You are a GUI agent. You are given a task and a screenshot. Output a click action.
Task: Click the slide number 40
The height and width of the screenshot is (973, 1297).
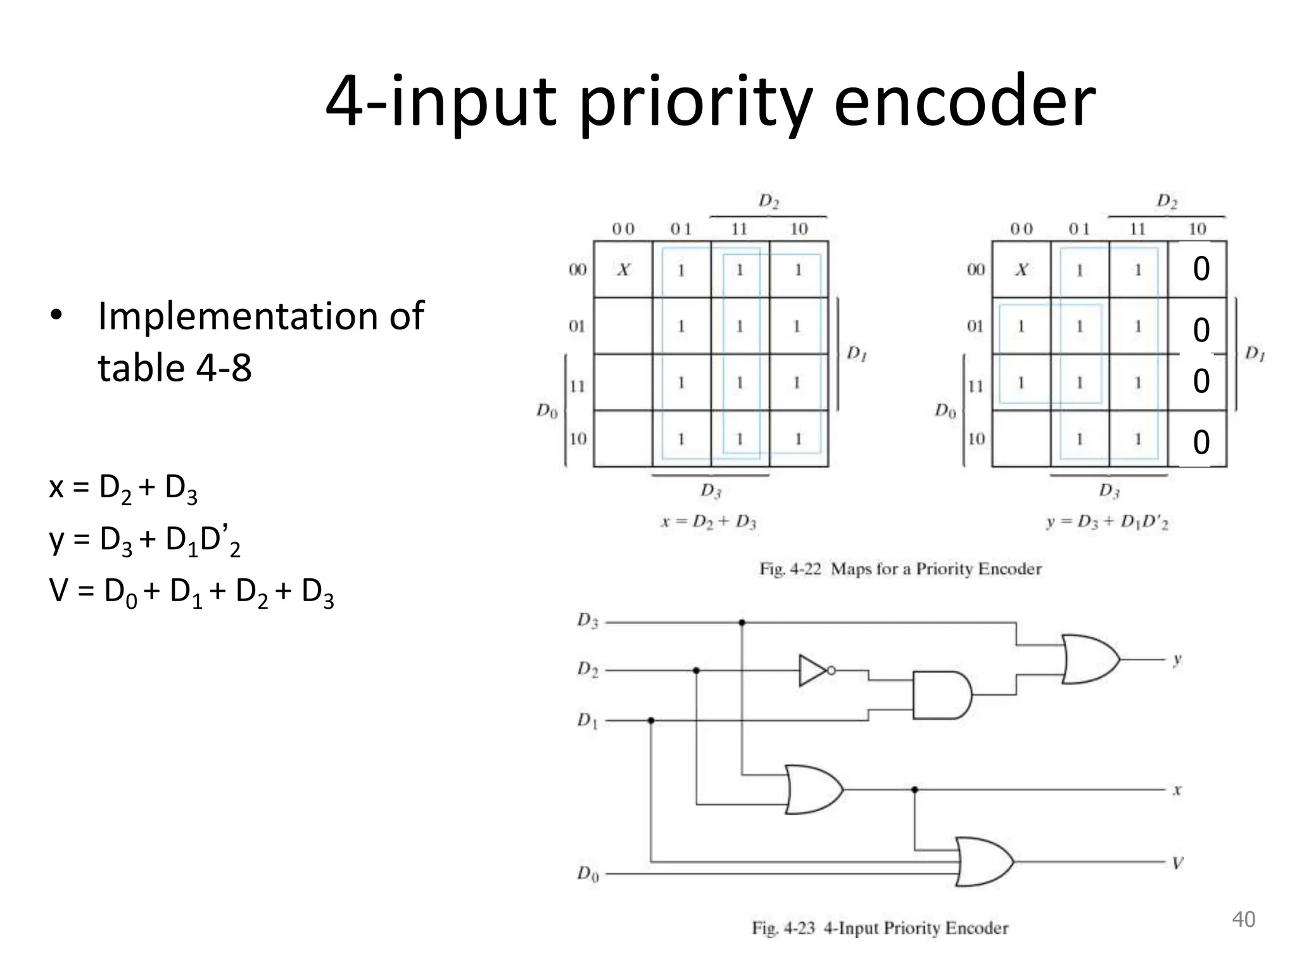(x=1243, y=919)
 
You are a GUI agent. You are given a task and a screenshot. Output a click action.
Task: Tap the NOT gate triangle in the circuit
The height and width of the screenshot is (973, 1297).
(x=811, y=670)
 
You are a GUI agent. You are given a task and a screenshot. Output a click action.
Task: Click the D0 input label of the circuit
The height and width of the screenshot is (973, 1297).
(x=588, y=874)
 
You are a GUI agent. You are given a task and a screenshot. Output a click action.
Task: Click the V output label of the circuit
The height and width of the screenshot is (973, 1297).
(x=1177, y=863)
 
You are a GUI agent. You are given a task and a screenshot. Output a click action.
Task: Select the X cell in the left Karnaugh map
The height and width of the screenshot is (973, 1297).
(x=623, y=270)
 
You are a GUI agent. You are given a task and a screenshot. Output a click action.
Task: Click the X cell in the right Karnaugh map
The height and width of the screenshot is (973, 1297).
(x=1022, y=270)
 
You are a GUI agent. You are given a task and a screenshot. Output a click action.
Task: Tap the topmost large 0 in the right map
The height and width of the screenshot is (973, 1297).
(x=1201, y=269)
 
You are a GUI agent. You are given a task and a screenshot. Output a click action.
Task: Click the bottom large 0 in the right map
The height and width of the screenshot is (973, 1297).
(x=1201, y=442)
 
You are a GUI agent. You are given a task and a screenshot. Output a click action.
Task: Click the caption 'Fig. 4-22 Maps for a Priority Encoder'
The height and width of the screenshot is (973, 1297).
(x=900, y=569)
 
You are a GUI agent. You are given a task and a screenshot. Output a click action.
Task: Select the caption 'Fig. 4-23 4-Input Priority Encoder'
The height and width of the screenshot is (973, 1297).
(x=880, y=928)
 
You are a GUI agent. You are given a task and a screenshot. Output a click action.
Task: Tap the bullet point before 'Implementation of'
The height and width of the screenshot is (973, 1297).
(x=56, y=316)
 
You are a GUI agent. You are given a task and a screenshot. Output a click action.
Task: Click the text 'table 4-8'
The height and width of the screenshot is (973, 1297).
(x=175, y=368)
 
